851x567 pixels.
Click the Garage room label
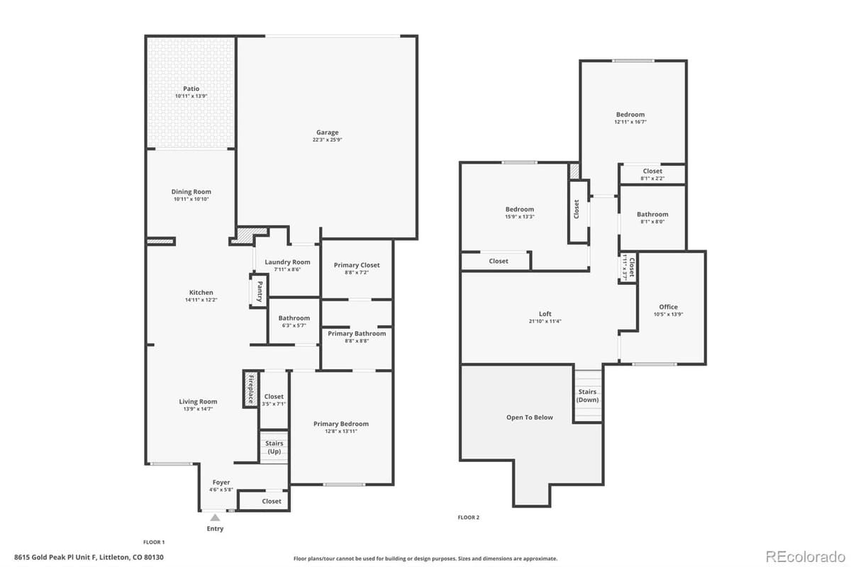(327, 133)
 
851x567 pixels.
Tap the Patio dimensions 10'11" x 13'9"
(191, 96)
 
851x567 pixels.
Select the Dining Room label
(191, 192)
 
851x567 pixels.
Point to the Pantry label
(260, 292)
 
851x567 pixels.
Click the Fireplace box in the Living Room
(250, 389)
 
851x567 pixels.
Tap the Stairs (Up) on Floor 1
(274, 447)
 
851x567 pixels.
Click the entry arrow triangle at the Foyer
(215, 518)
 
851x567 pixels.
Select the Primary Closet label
(357, 265)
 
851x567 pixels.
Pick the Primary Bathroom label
(357, 334)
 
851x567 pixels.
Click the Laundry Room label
(287, 262)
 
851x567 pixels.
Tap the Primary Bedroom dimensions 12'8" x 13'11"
(341, 432)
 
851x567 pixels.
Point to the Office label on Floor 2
(668, 307)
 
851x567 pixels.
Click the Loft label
(545, 314)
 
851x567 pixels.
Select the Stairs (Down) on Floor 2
(588, 395)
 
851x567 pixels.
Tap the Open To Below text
(529, 417)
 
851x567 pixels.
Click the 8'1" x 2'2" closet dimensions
(652, 179)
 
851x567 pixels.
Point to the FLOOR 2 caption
(468, 517)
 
